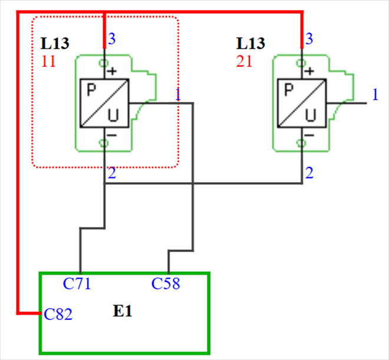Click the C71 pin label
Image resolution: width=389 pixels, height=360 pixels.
point(77,284)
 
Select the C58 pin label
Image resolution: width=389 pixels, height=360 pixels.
point(166,284)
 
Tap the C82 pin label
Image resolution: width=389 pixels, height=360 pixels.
point(58,315)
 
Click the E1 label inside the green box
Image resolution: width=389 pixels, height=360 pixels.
point(123,311)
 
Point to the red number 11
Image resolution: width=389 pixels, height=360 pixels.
point(49,61)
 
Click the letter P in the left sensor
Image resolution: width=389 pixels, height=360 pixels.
point(91,90)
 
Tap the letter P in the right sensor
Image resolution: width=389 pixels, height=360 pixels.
point(288,90)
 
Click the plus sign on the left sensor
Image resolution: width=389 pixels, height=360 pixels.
point(112,71)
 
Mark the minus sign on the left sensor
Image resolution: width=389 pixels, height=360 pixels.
point(112,134)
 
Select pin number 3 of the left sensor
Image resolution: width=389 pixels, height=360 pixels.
point(112,39)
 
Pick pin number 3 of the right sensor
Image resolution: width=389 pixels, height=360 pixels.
point(309,39)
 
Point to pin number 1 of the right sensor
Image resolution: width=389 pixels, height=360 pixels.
point(375,94)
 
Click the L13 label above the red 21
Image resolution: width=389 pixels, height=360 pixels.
point(250,44)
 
